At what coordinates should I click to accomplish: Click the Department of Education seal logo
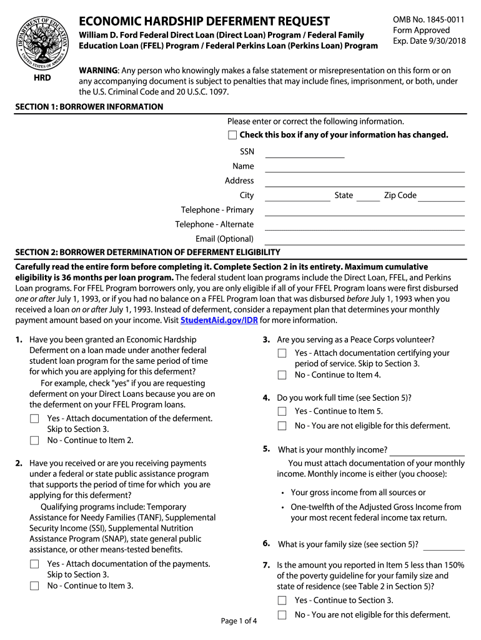coord(42,39)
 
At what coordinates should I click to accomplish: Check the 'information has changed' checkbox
coord(232,135)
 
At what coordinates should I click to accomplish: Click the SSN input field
coord(305,152)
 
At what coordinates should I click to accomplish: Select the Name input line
coord(365,167)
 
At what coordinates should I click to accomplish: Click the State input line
coord(369,196)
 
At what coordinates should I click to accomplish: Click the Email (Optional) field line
coord(365,239)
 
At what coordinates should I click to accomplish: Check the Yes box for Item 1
coord(34,419)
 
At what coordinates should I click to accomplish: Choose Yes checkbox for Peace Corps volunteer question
coord(282,354)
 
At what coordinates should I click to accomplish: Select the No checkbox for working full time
coord(282,426)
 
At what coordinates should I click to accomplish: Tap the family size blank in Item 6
coord(444,544)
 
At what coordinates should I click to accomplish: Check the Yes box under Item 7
coord(282,601)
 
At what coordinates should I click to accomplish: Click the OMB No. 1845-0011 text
coord(429,19)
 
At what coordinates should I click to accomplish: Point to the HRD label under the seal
coord(42,78)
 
